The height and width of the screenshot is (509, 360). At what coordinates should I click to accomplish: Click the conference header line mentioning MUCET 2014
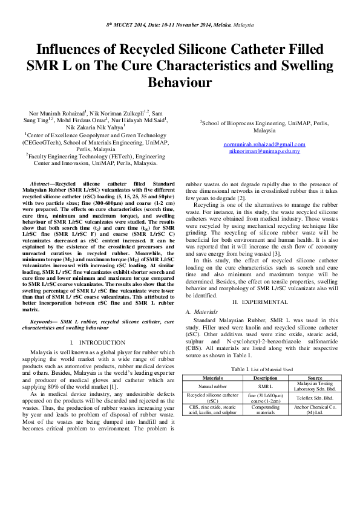point(180,27)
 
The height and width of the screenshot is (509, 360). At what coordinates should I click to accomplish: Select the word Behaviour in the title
point(180,81)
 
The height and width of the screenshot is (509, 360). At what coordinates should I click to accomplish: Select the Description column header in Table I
point(264,377)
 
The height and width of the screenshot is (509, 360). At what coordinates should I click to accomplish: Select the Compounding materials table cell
point(264,412)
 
